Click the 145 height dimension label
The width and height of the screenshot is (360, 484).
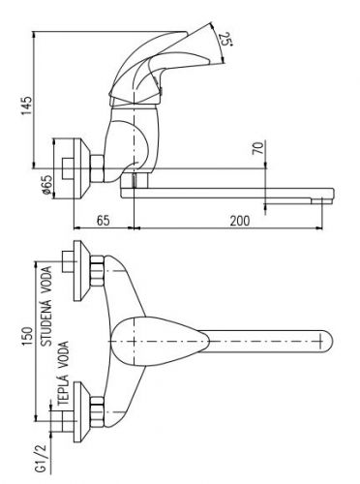pyautogui.click(x=26, y=106)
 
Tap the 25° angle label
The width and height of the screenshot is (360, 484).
pyautogui.click(x=225, y=40)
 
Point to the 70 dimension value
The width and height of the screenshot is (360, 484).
pyautogui.click(x=259, y=148)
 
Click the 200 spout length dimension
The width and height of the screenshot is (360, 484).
pyautogui.click(x=239, y=221)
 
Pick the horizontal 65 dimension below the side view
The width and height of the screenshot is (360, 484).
pyautogui.click(x=104, y=221)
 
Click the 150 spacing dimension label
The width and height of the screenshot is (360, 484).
pyautogui.click(x=27, y=338)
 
